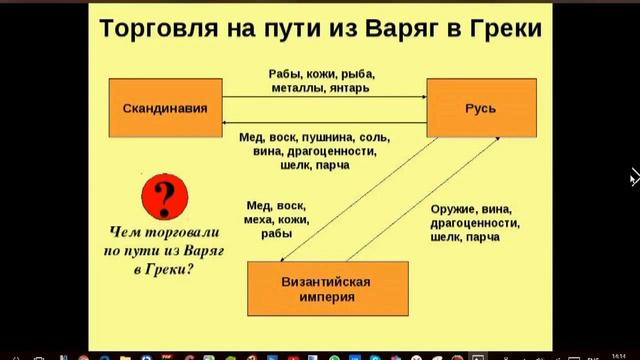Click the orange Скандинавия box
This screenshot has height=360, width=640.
[165, 106]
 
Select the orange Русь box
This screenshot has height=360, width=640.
[477, 106]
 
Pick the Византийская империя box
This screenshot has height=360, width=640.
[329, 288]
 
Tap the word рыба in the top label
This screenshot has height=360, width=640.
[358, 74]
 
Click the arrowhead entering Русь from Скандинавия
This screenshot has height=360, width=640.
[423, 96]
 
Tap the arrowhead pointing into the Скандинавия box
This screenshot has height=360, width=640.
[228, 118]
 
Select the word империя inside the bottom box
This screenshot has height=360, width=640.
[329, 297]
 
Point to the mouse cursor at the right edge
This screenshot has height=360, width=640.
[634, 179]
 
